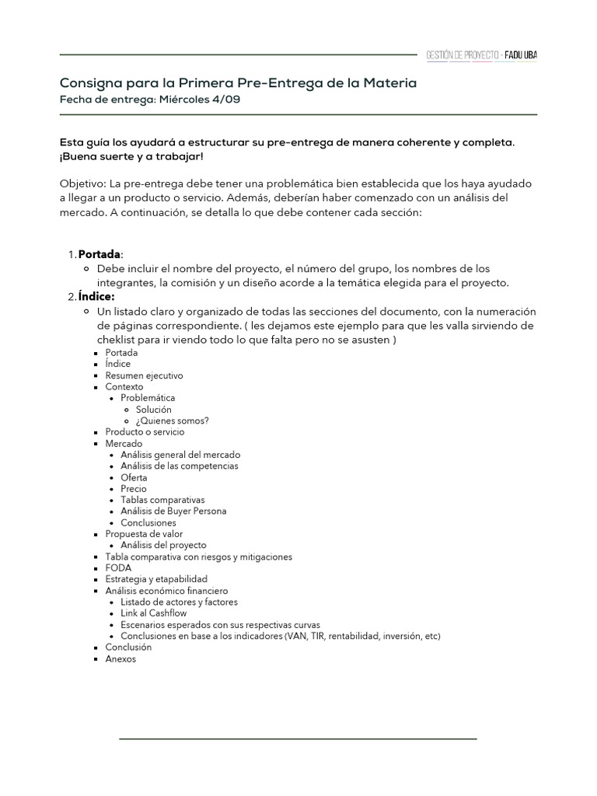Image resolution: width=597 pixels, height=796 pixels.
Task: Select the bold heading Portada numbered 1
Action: pyautogui.click(x=100, y=255)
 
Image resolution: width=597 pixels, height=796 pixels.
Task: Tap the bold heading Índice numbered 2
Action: pyautogui.click(x=96, y=297)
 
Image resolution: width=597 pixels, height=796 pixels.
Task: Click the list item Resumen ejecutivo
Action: pyautogui.click(x=144, y=375)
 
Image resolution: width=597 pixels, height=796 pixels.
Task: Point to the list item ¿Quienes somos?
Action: pyautogui.click(x=172, y=421)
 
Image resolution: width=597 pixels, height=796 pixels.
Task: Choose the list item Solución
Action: pyautogui.click(x=154, y=410)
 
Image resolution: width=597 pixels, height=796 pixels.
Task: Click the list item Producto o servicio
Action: pyautogui.click(x=145, y=432)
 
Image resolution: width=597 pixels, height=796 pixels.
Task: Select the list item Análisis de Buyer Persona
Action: pyautogui.click(x=173, y=511)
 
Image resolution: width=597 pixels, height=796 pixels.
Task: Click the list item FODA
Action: pyautogui.click(x=118, y=568)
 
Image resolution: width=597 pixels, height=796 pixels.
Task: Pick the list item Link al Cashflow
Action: pyautogui.click(x=153, y=613)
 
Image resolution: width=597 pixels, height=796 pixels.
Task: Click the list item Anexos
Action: pyautogui.click(x=120, y=658)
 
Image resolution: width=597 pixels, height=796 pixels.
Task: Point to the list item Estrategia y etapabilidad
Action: pyautogui.click(x=156, y=579)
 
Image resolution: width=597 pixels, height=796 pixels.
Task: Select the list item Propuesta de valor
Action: pyautogui.click(x=144, y=534)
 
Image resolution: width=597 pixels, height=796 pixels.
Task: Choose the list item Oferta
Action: pyautogui.click(x=134, y=477)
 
